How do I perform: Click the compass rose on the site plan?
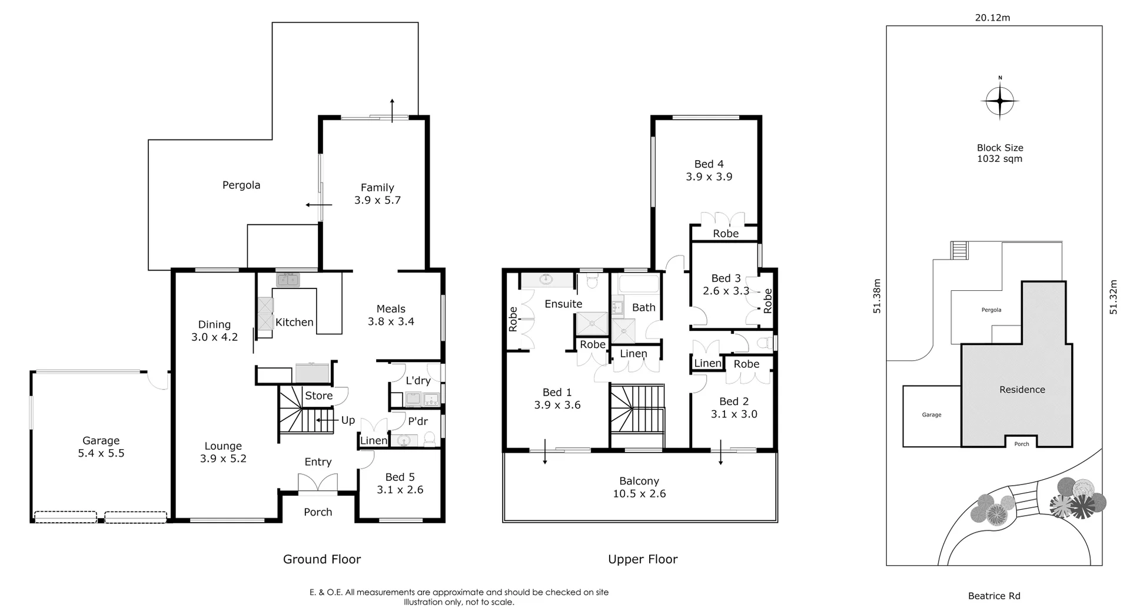coord(1000,102)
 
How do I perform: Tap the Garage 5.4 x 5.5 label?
coord(101,447)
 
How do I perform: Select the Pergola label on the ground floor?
coord(241,185)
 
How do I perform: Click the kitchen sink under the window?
coord(288,279)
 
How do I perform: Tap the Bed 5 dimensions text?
coord(400,490)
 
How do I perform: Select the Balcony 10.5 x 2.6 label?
coord(639,487)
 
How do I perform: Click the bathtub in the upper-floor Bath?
coord(639,284)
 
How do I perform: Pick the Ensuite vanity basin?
coord(547,280)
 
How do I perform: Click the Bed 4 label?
coord(709,164)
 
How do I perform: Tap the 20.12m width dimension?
coord(992,18)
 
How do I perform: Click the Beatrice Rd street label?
coord(994,596)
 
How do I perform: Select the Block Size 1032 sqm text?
coord(1000,153)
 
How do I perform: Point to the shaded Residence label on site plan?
coord(1022,390)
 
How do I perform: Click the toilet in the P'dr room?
coord(430,439)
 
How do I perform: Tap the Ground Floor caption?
coord(322,559)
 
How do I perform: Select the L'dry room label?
coord(418,380)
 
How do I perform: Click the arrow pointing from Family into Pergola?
coord(318,205)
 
